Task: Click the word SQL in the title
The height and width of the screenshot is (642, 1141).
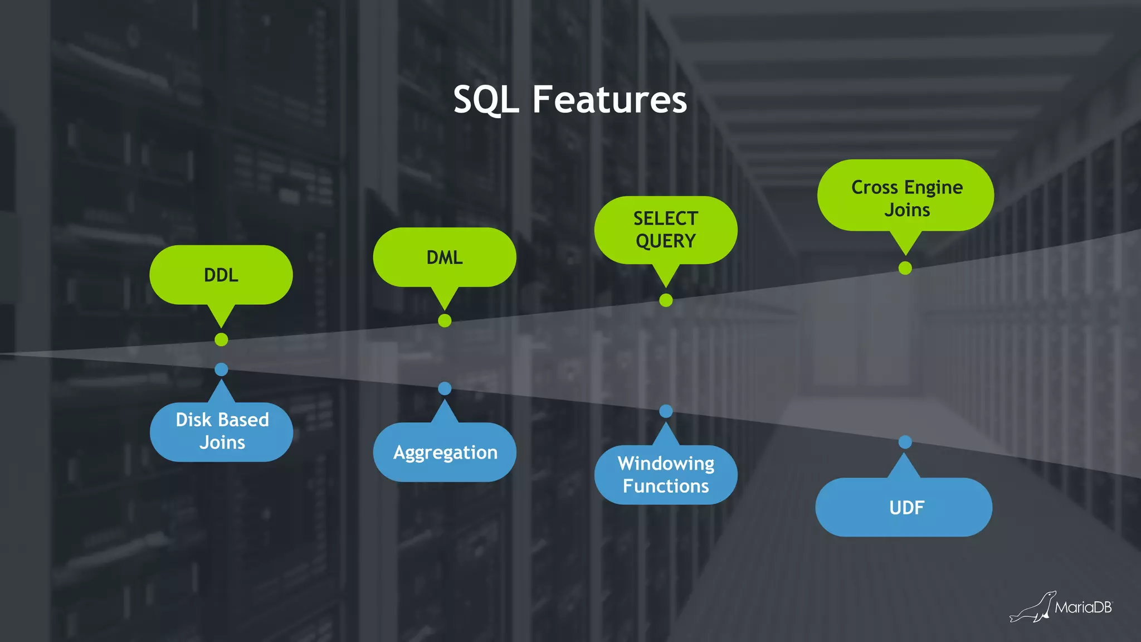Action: tap(486, 100)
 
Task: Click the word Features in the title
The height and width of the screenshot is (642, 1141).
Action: tap(609, 100)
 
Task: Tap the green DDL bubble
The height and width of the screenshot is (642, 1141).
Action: tap(221, 275)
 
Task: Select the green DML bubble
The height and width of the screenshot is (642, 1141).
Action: tap(445, 257)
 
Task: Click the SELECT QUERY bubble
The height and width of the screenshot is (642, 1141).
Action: tap(666, 230)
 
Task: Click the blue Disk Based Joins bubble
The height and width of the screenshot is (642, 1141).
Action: tap(222, 431)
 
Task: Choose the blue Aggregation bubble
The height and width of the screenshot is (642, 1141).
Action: tap(445, 452)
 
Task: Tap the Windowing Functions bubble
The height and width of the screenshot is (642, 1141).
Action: tap(666, 475)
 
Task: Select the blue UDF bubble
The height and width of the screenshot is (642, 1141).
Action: tap(905, 507)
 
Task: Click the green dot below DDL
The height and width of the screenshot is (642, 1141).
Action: tap(221, 339)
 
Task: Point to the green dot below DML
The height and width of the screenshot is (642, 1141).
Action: tap(445, 320)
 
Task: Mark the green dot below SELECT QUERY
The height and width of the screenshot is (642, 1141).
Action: tap(666, 300)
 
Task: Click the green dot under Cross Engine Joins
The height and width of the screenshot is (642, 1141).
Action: tap(905, 268)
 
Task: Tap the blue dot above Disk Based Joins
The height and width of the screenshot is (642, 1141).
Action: tap(221, 369)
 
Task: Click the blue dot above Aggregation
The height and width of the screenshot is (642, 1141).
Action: tap(445, 388)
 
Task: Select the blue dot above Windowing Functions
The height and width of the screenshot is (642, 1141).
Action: tap(666, 411)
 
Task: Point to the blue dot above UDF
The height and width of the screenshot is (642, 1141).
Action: tap(905, 442)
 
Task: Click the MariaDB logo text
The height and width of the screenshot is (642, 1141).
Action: tap(1083, 607)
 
